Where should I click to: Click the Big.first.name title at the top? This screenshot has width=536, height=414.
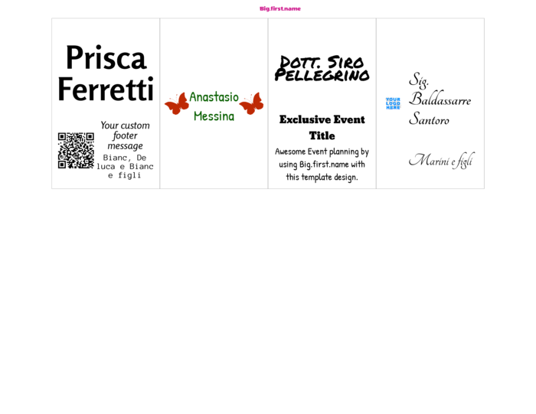280,8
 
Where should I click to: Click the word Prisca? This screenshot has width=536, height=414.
106,57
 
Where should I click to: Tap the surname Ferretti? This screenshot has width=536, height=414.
106,90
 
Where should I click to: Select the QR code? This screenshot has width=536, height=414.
76,151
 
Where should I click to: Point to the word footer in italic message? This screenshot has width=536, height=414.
125,135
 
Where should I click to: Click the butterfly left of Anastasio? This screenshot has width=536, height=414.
177,103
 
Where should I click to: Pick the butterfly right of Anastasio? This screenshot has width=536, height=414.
251,103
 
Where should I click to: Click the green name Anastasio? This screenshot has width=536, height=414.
214,97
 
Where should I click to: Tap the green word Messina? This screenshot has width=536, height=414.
214,116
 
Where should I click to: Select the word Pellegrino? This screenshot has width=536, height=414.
322,76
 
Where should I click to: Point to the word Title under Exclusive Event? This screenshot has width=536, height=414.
322,135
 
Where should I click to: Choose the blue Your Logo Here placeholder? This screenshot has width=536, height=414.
393,103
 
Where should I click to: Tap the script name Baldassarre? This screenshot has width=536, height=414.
440,99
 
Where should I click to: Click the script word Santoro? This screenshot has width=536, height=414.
429,119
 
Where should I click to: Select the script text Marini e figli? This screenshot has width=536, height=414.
442,160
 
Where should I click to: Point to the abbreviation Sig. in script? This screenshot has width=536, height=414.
419,80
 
